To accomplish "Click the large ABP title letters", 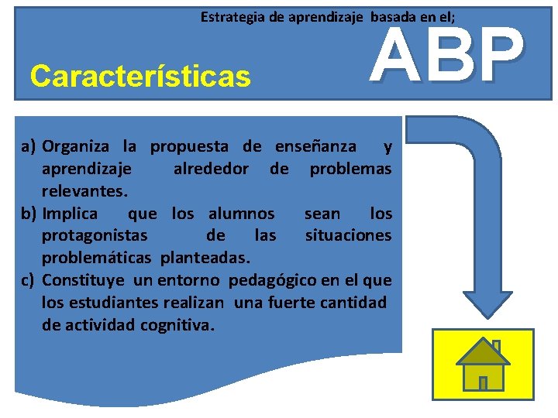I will click(446, 56).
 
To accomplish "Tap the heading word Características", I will click(140, 77).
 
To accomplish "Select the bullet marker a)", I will click(29, 146).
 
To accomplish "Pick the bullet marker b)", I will click(29, 214).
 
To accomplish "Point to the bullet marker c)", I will click(29, 280).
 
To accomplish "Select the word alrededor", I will click(211, 169).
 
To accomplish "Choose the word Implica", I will click(70, 214).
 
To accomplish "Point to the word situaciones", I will click(348, 235).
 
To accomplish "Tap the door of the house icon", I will click(483, 382).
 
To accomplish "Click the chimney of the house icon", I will click(496, 346).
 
